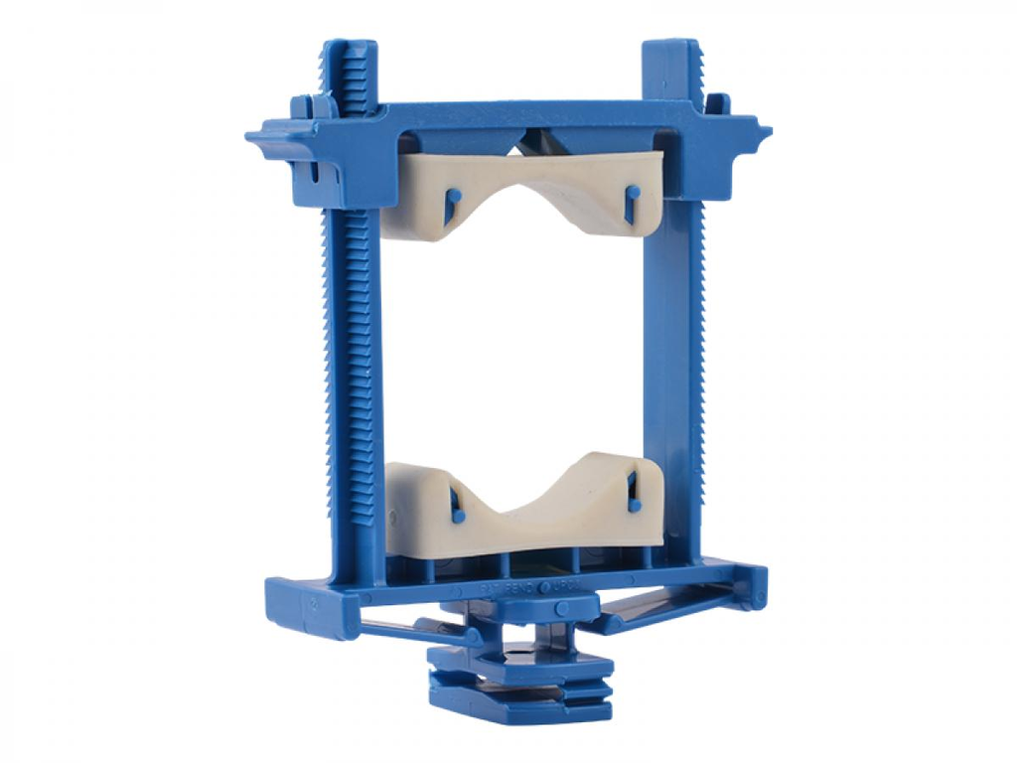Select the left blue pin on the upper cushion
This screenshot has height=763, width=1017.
[452, 204]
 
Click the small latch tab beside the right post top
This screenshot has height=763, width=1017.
[717, 102]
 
